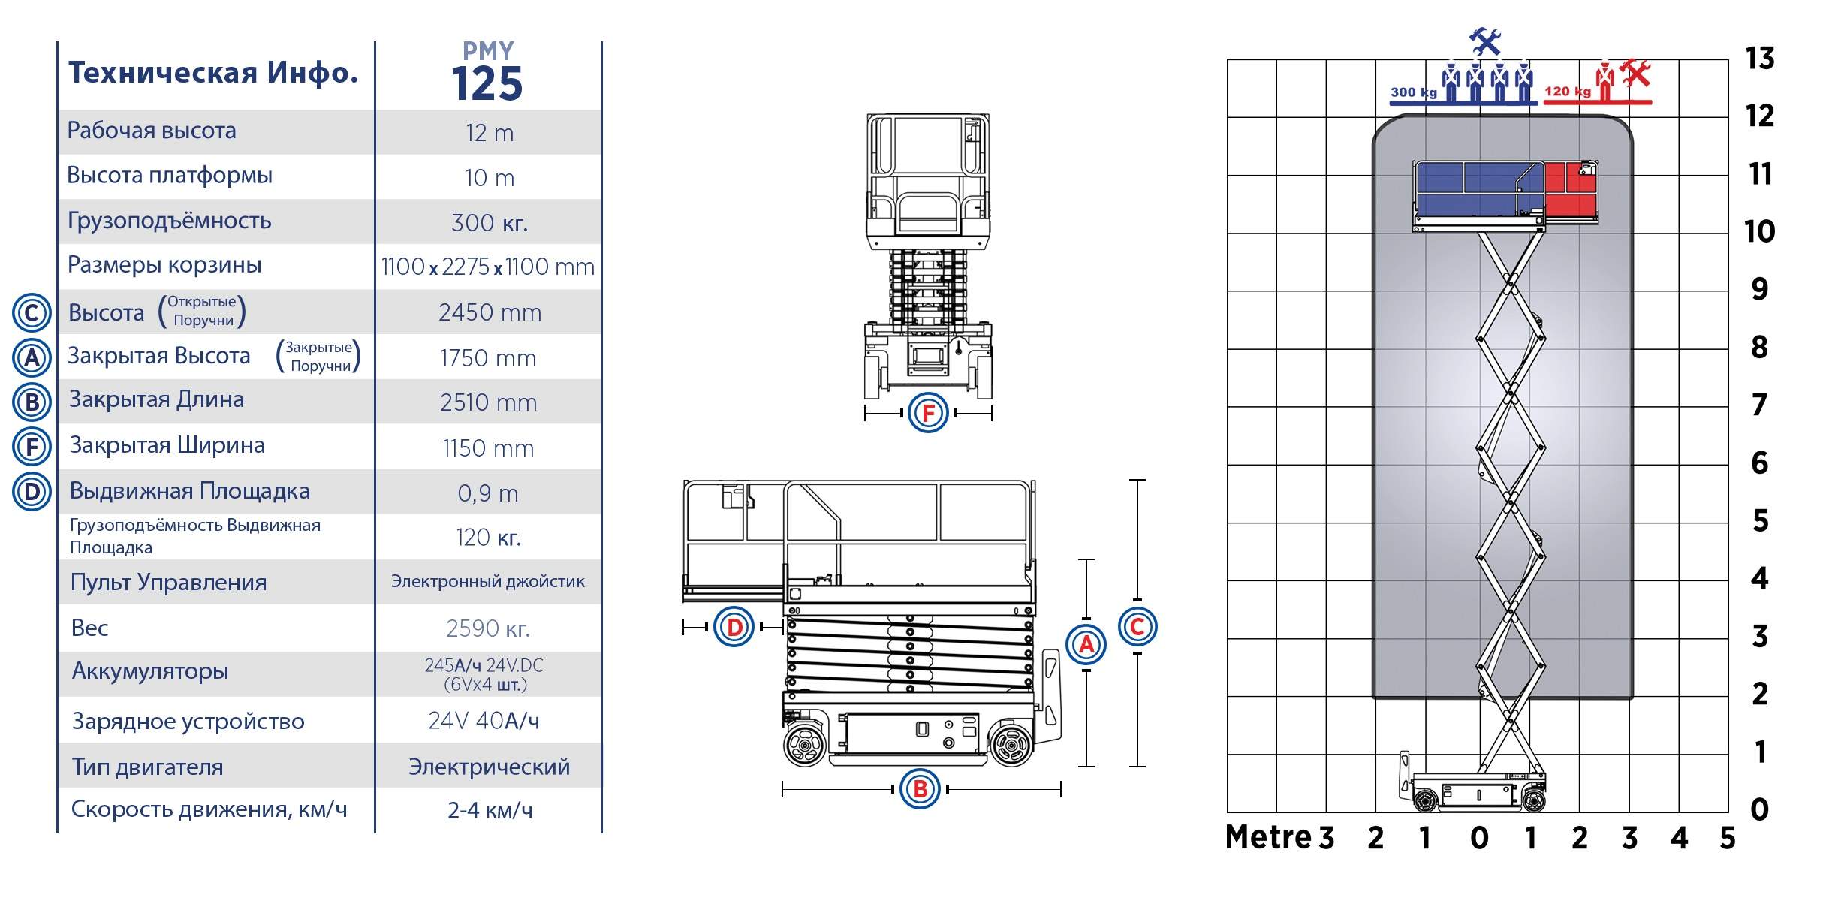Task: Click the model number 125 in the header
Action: click(x=487, y=84)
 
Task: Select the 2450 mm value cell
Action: click(x=490, y=312)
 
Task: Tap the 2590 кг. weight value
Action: click(x=488, y=628)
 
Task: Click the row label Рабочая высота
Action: click(x=152, y=131)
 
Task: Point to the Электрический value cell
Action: click(x=489, y=767)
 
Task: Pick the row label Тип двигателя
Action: click(x=148, y=767)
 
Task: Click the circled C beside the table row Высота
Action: click(x=32, y=312)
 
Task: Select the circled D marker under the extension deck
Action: click(x=734, y=627)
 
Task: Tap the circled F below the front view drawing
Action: click(x=928, y=412)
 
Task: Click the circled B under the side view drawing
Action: click(x=920, y=788)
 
